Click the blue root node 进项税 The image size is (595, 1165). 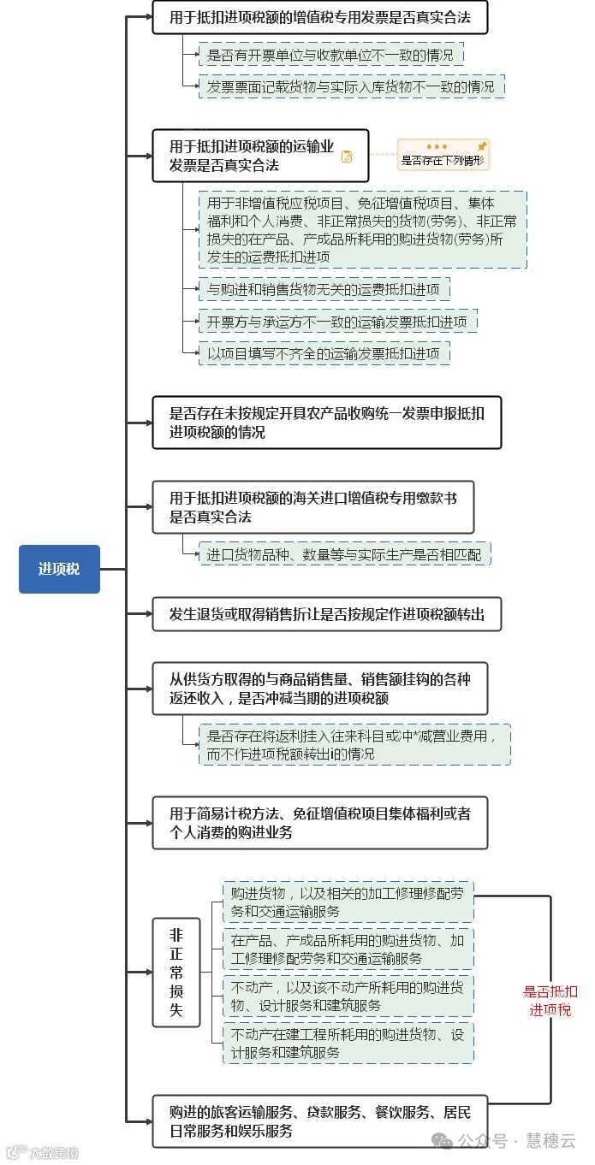pos(59,569)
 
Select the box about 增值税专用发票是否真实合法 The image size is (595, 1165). pos(319,17)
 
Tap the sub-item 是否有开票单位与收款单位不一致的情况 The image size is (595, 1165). pos(330,56)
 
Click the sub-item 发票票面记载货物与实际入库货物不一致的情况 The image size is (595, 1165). pos(351,86)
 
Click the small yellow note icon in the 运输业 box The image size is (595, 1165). pos(347,157)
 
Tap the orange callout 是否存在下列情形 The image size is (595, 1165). pos(443,154)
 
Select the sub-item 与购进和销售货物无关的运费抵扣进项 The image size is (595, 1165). pos(324,290)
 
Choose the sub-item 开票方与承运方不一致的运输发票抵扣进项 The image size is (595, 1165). pos(337,322)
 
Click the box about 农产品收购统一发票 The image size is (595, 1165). pos(326,423)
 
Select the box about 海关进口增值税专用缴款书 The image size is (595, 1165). pos(312,507)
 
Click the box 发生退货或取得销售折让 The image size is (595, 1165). pos(326,614)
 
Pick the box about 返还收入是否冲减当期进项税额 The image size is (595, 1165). pos(319,688)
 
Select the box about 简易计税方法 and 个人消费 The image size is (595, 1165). pos(319,823)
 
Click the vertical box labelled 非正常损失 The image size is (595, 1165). pos(176,973)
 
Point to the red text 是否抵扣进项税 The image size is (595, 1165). pos(550,1001)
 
